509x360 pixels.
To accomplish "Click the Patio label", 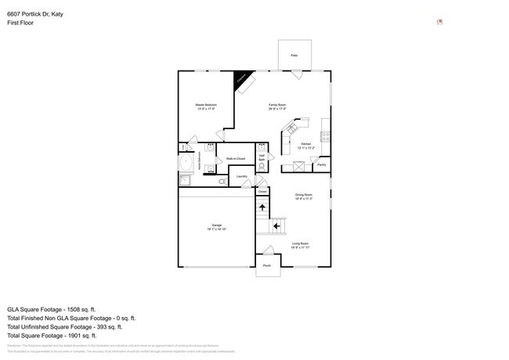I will click(294, 56).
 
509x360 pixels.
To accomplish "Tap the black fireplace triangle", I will click(241, 79).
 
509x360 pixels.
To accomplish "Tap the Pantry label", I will click(321, 165).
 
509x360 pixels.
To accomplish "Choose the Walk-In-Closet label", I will click(236, 159).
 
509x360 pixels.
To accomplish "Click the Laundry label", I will click(243, 177).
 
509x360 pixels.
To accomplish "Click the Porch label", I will click(267, 266).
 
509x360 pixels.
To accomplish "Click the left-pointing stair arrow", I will click(277, 225).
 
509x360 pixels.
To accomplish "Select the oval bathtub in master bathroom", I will click(188, 164).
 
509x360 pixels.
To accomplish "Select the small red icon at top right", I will click(439, 22).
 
